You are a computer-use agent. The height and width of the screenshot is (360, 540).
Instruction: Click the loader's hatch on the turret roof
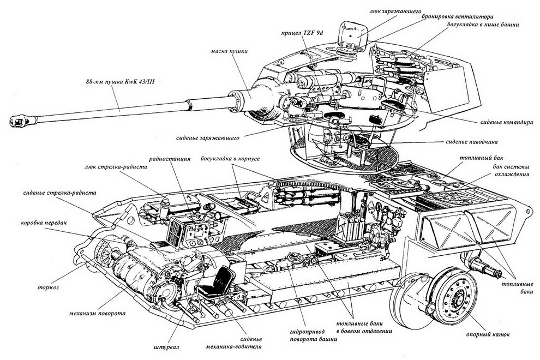[354, 34]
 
